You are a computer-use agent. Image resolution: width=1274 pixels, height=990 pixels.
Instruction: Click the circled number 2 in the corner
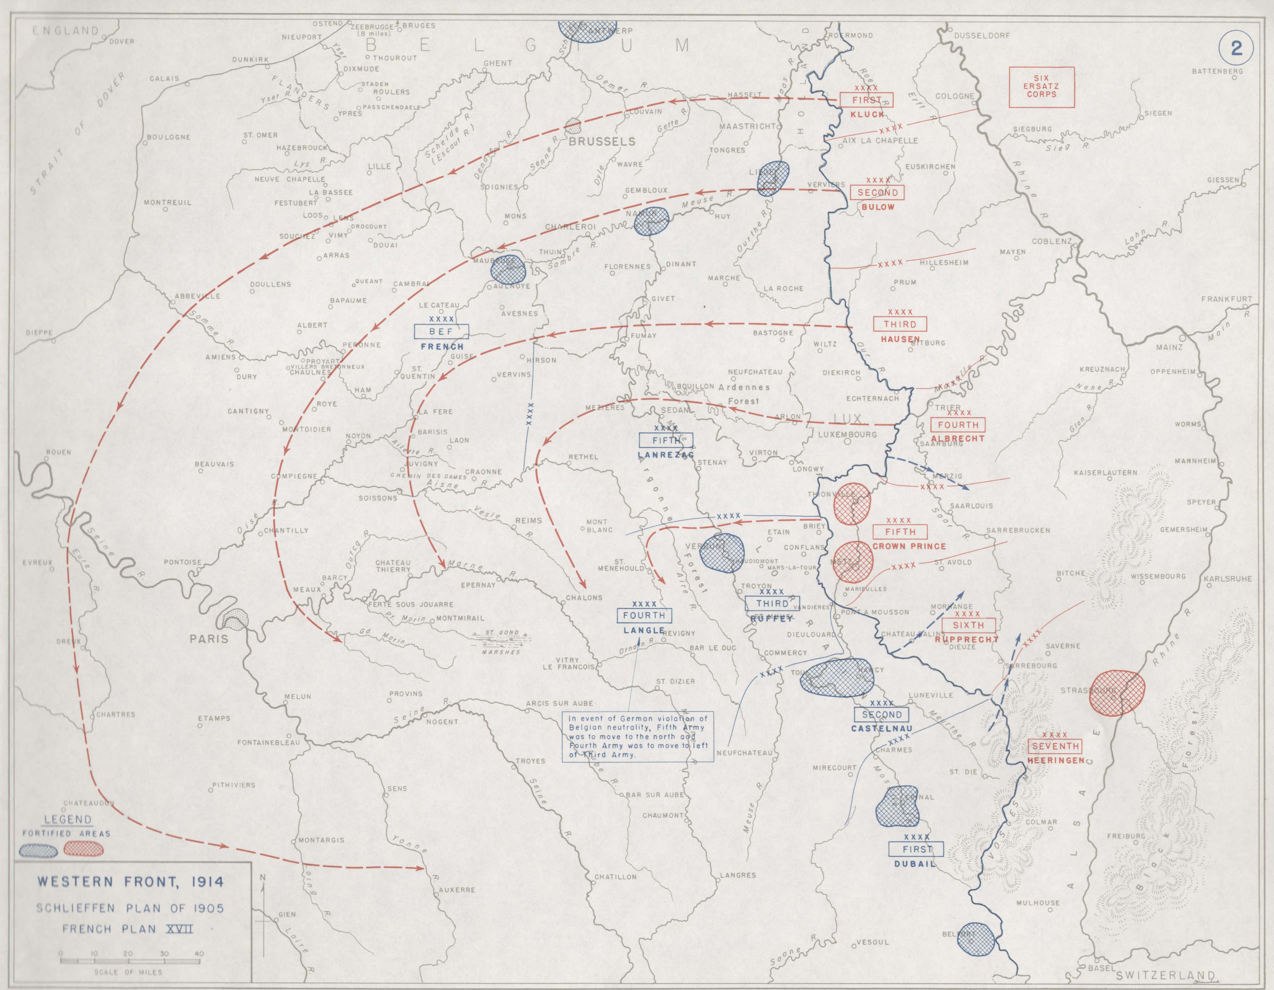(x=1236, y=47)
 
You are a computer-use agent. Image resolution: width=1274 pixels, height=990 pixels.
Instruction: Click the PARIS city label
(x=209, y=638)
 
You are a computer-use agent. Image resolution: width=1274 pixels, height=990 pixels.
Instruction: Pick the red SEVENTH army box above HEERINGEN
(x=1055, y=746)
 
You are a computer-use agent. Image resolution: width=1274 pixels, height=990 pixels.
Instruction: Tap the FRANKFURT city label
(x=1226, y=299)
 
